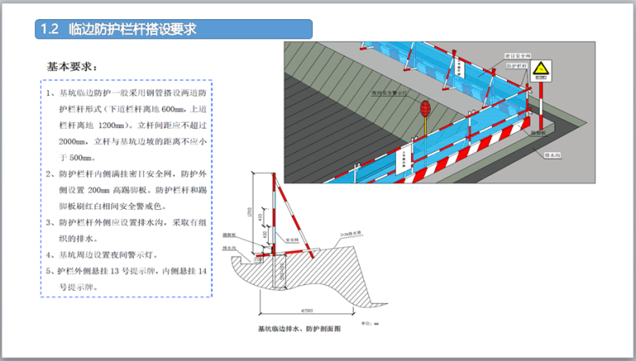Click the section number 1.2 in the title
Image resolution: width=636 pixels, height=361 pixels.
coord(49,29)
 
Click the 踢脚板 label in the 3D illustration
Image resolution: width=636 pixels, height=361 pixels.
coord(539,132)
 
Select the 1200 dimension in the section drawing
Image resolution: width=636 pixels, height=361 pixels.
coord(261,212)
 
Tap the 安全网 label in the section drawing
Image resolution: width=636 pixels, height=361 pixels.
coord(294,237)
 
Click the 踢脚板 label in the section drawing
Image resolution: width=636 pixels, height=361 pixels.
coord(229,236)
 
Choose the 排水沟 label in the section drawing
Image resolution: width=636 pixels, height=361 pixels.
coord(228,248)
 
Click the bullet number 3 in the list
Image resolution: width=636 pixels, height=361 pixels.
coord(50,222)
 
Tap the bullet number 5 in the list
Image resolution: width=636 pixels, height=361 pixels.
coord(50,271)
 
